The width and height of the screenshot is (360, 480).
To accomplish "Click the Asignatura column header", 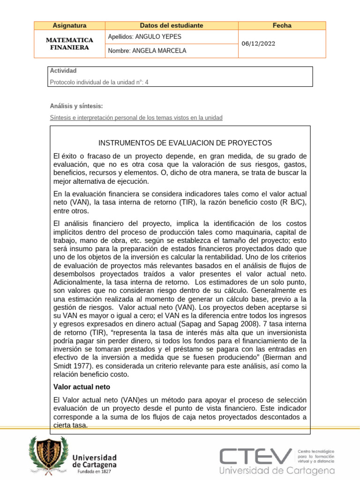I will click(70, 26).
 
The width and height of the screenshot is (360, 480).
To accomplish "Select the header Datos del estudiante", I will click(172, 26).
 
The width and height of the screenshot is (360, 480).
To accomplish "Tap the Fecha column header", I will click(282, 26).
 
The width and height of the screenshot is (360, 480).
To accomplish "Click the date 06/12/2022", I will click(258, 44).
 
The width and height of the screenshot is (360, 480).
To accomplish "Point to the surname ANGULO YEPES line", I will click(144, 37).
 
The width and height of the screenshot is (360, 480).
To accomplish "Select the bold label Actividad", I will click(63, 71).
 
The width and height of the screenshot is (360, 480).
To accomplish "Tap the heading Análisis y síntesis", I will click(76, 106).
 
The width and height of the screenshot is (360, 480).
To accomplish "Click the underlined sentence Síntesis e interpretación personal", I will click(136, 118).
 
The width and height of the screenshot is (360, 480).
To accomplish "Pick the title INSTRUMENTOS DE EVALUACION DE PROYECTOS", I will click(185, 142).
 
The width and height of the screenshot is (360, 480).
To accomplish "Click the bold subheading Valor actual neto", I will click(82, 387).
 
